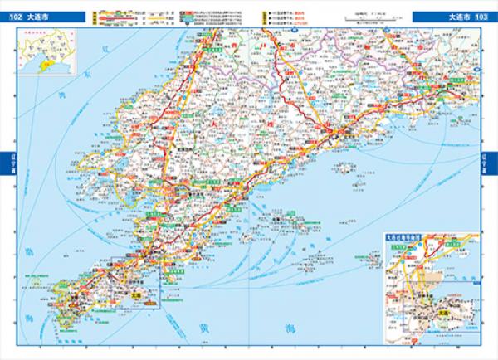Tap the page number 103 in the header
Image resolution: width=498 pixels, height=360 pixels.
481,16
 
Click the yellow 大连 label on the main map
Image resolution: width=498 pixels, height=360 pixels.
138,292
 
